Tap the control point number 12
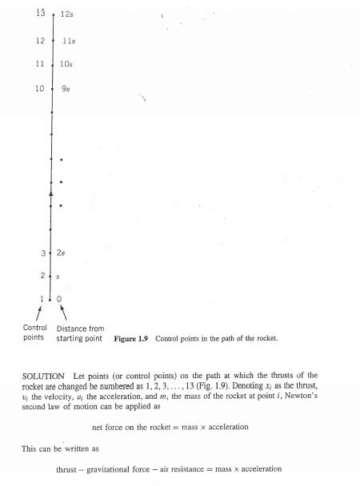pyautogui.click(x=40, y=39)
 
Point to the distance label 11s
pyautogui.click(x=69, y=40)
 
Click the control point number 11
pyautogui.click(x=40, y=63)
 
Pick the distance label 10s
pyautogui.click(x=67, y=64)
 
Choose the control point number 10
pyautogui.click(x=40, y=88)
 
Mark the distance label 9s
pyautogui.click(x=66, y=89)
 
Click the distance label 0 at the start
pyautogui.click(x=59, y=299)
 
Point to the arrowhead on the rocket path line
pyautogui.click(x=50, y=193)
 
